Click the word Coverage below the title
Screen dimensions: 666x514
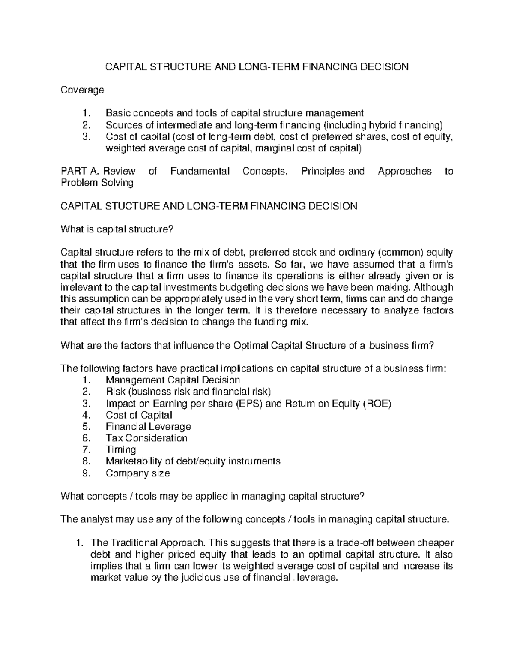pos(82,90)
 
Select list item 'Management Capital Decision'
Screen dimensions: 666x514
pos(173,380)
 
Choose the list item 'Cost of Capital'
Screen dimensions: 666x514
pos(139,415)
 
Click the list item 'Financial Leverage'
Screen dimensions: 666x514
pos(148,427)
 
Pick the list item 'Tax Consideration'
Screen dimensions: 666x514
pos(146,438)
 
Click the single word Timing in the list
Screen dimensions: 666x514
pos(121,450)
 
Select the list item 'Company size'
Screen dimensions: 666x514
pos(137,473)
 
